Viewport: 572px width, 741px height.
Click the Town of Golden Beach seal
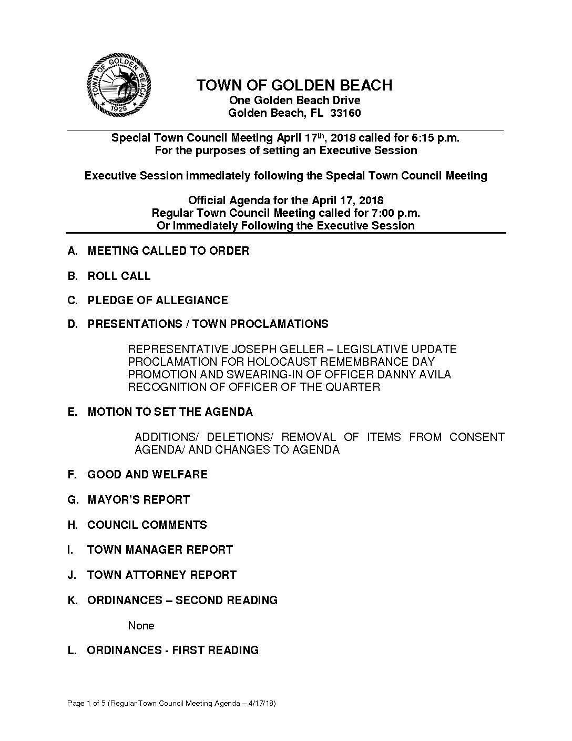(x=119, y=86)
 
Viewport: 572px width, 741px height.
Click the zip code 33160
(x=345, y=113)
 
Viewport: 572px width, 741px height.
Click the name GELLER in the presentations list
(x=307, y=349)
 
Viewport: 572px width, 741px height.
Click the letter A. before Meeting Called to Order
(x=73, y=251)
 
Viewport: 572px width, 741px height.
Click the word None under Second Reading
(x=141, y=626)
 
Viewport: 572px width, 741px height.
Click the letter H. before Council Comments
(x=73, y=525)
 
